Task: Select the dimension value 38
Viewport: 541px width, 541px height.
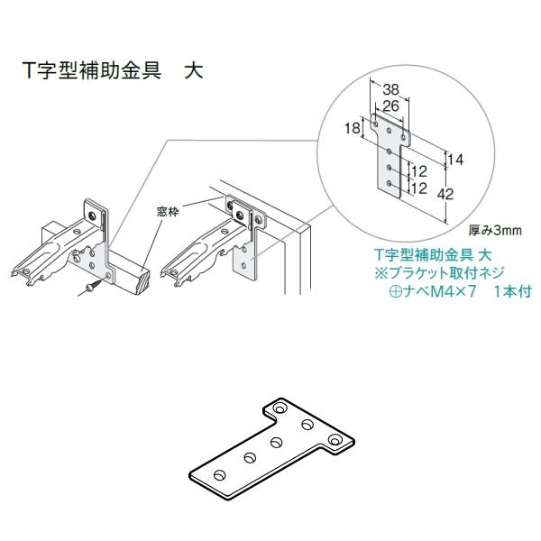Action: coord(391,89)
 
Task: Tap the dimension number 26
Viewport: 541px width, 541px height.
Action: coord(390,106)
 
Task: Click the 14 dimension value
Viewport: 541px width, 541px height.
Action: coord(455,159)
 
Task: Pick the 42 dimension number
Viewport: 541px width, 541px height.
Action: coord(458,193)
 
